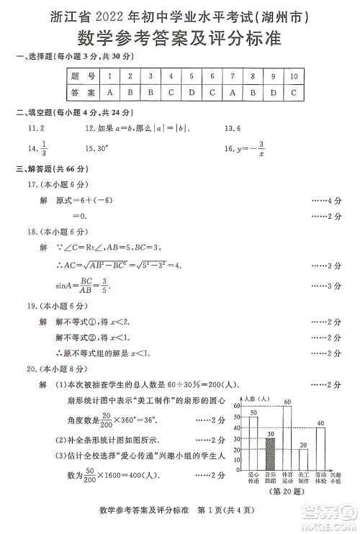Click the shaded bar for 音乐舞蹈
tap(270, 453)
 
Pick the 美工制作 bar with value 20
tap(303, 459)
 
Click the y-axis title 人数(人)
tap(256, 398)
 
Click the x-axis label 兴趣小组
tap(337, 478)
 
